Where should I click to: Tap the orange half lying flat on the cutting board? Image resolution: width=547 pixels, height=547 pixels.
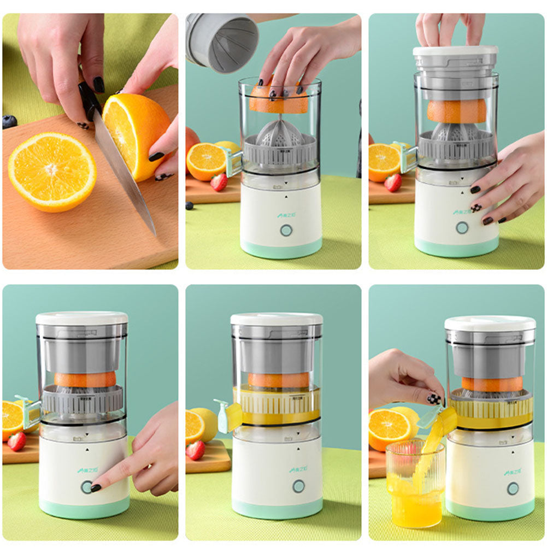(52, 170)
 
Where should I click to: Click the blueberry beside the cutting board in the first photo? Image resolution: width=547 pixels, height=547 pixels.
(9, 121)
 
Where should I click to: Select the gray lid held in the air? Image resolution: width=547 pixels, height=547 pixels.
(221, 42)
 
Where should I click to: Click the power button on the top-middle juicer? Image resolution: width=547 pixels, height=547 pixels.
(286, 230)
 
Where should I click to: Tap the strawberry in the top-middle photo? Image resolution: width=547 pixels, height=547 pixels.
(219, 183)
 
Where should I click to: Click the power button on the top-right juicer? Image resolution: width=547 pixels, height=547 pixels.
(462, 227)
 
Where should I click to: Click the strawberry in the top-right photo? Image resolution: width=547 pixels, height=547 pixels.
(393, 183)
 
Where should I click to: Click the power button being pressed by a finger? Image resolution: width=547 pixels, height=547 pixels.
(87, 487)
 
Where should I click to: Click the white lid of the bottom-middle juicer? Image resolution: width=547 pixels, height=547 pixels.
(276, 319)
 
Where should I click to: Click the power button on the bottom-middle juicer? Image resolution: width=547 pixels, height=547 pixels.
(298, 486)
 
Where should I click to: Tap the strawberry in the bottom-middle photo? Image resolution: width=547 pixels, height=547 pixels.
(196, 450)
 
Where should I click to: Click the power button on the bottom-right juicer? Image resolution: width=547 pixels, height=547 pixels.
(513, 488)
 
